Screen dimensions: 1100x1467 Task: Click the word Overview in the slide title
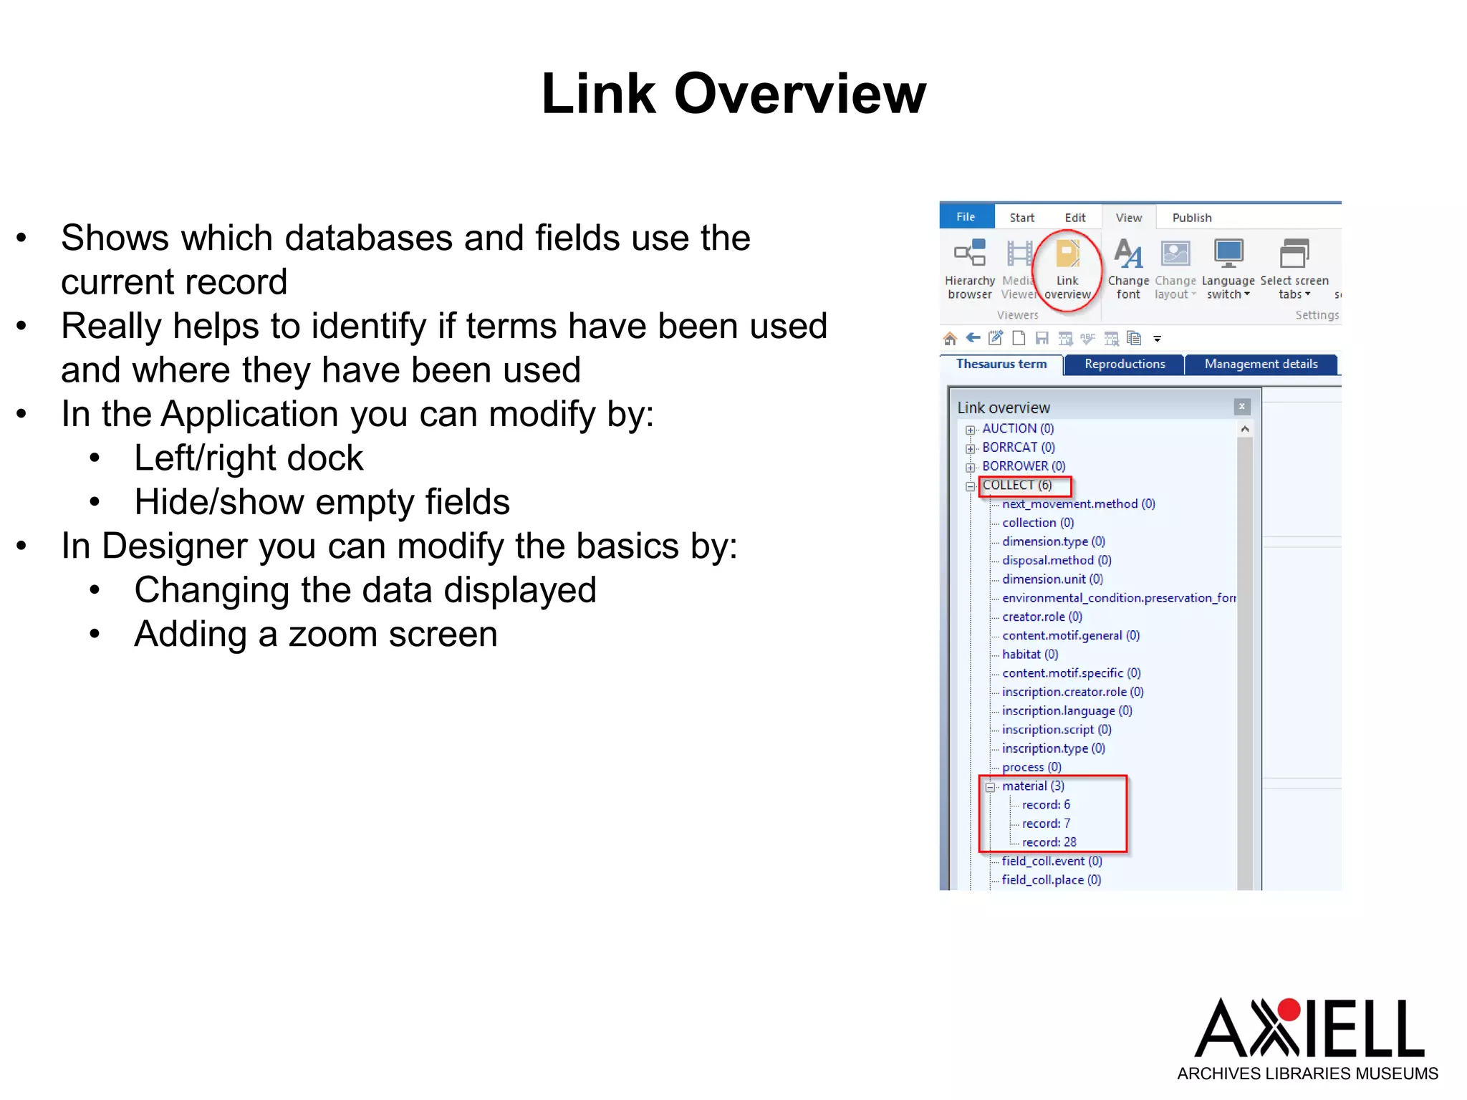(800, 94)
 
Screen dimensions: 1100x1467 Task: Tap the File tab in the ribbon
(966, 217)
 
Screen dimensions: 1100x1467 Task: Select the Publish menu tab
(1191, 218)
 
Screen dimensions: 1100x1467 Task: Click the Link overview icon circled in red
(1067, 255)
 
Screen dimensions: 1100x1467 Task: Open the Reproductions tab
(1125, 364)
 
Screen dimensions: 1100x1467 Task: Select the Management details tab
(1261, 364)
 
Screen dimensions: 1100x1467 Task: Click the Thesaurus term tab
(1001, 364)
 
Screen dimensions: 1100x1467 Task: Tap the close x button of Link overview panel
(1242, 407)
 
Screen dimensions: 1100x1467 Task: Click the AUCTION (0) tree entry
(1018, 428)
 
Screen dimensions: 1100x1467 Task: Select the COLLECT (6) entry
(1017, 485)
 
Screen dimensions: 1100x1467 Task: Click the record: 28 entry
(1049, 842)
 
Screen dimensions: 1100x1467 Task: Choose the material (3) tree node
(1033, 786)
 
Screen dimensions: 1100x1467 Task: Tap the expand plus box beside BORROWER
(971, 467)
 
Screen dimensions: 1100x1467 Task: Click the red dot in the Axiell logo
(1289, 1009)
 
